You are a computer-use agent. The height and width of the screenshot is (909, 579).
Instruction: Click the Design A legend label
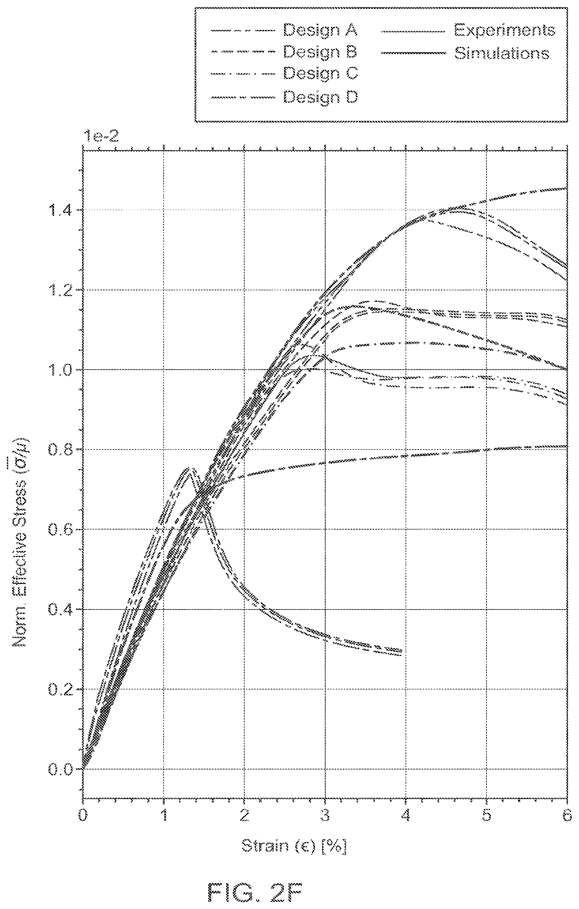tap(320, 30)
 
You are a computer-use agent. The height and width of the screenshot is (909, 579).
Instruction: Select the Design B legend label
tap(320, 52)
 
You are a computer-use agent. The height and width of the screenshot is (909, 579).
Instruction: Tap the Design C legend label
tap(320, 73)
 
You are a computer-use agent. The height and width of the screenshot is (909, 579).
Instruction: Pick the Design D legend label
tap(320, 97)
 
